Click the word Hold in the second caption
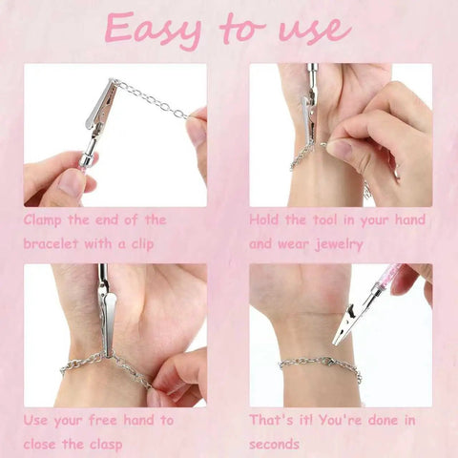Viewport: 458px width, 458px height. tap(266, 220)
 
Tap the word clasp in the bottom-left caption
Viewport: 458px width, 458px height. tap(102, 444)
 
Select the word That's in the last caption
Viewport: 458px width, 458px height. tap(272, 420)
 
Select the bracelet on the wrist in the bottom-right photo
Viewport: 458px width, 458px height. tap(320, 363)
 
